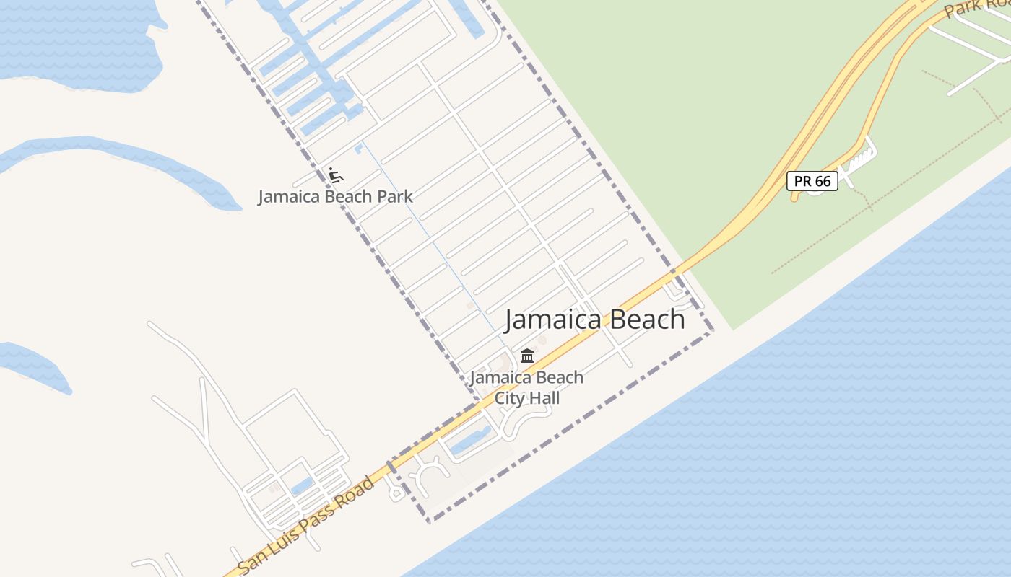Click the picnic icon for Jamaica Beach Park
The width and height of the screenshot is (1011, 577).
coord(335,175)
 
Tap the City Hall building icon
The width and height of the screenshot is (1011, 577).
coord(527,356)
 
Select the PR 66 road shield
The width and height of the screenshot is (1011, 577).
coord(812,181)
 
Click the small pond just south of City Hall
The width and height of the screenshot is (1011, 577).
coord(470,439)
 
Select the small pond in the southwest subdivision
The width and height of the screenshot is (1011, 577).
coord(303,486)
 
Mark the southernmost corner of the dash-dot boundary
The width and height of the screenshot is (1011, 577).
coord(429,521)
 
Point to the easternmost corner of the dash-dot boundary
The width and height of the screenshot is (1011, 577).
coord(713,331)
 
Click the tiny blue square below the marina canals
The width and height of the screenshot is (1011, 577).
coord(359,149)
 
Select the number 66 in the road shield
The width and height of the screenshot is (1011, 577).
coord(823,181)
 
